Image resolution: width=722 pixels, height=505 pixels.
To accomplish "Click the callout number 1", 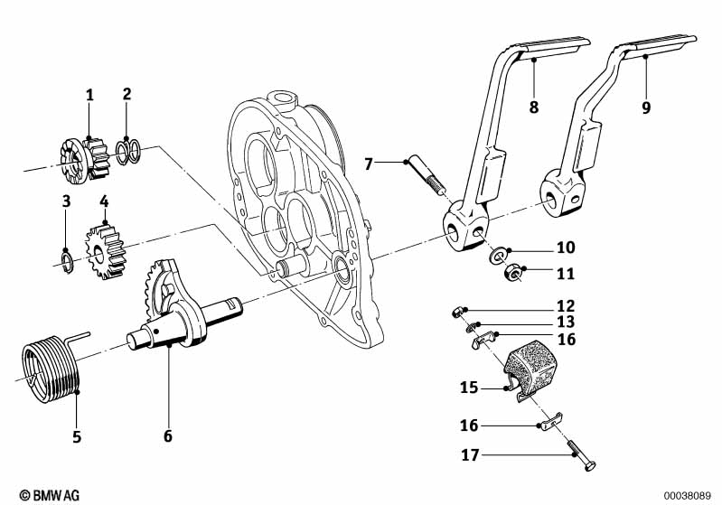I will (x=89, y=95).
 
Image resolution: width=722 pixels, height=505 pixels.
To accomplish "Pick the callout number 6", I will (x=167, y=436).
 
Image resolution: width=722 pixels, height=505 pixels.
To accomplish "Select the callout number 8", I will (x=533, y=107).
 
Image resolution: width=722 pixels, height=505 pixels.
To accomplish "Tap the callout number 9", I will (x=646, y=107).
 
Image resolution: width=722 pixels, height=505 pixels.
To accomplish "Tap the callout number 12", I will (x=566, y=306).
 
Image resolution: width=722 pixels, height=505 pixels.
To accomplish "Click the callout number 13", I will (x=566, y=323).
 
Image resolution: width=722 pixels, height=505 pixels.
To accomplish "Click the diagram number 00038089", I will (x=689, y=495).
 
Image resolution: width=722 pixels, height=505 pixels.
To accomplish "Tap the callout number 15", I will (x=469, y=388).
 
